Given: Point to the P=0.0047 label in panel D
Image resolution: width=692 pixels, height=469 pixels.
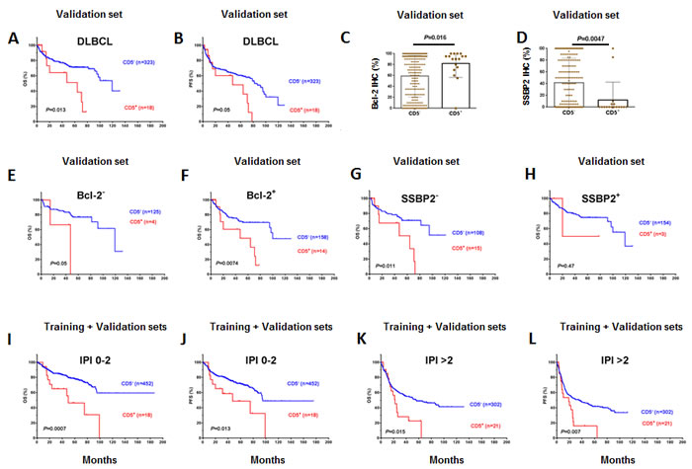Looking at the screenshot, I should click(605, 35).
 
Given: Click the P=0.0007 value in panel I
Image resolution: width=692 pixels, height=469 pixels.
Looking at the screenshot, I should click(57, 429).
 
